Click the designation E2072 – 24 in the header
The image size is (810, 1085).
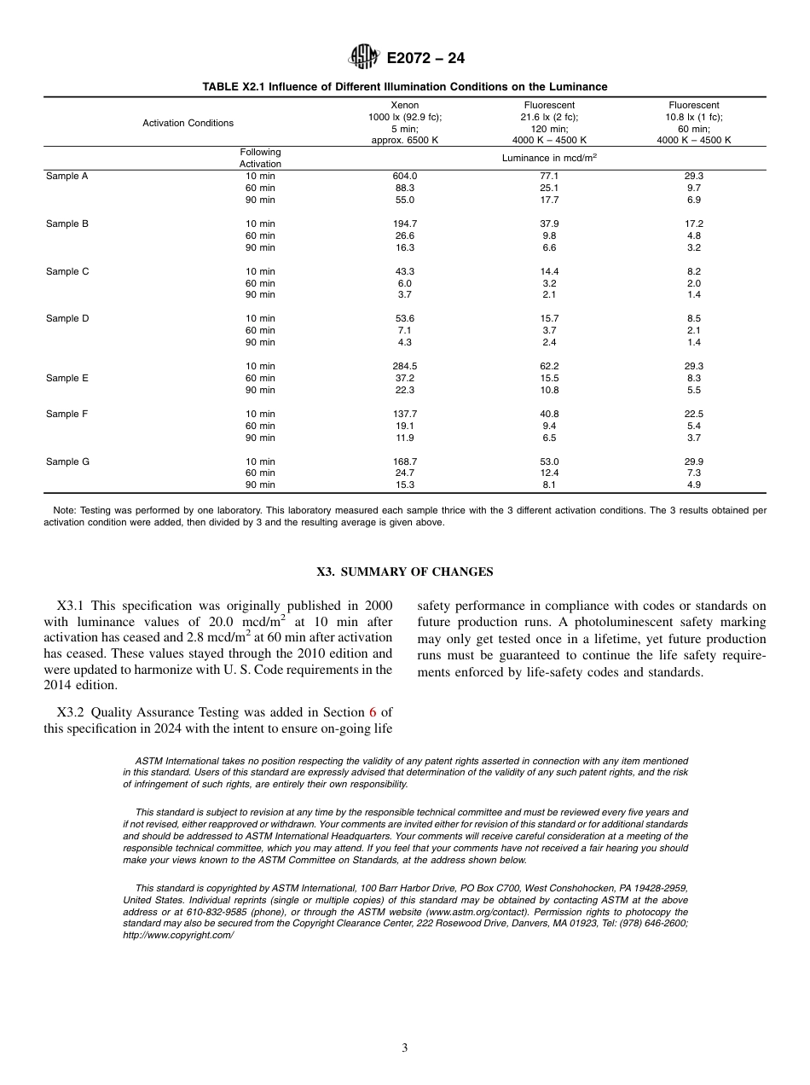click(x=425, y=58)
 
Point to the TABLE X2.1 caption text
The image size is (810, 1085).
click(x=404, y=87)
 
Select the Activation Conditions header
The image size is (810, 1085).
click(x=188, y=123)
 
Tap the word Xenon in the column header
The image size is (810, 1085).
click(x=404, y=105)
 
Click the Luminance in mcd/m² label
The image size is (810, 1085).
click(x=549, y=158)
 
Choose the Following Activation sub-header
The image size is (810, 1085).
click(x=260, y=158)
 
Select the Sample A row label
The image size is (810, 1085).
click(x=67, y=176)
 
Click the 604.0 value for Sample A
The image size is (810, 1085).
click(x=404, y=176)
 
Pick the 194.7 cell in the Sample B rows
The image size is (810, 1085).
click(x=404, y=223)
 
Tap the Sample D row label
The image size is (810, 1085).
click(x=67, y=318)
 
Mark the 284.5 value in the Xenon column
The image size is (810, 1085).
click(x=404, y=366)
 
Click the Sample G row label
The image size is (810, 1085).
click(x=67, y=461)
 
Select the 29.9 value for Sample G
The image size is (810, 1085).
click(x=693, y=461)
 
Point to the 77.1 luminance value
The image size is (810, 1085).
click(x=549, y=176)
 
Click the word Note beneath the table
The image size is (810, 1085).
click(x=64, y=510)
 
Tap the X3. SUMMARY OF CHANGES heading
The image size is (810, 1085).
click(x=404, y=572)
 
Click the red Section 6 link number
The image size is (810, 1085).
click(x=373, y=711)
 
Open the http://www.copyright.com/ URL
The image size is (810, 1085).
click(x=178, y=935)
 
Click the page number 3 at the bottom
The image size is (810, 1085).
click(x=405, y=1048)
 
